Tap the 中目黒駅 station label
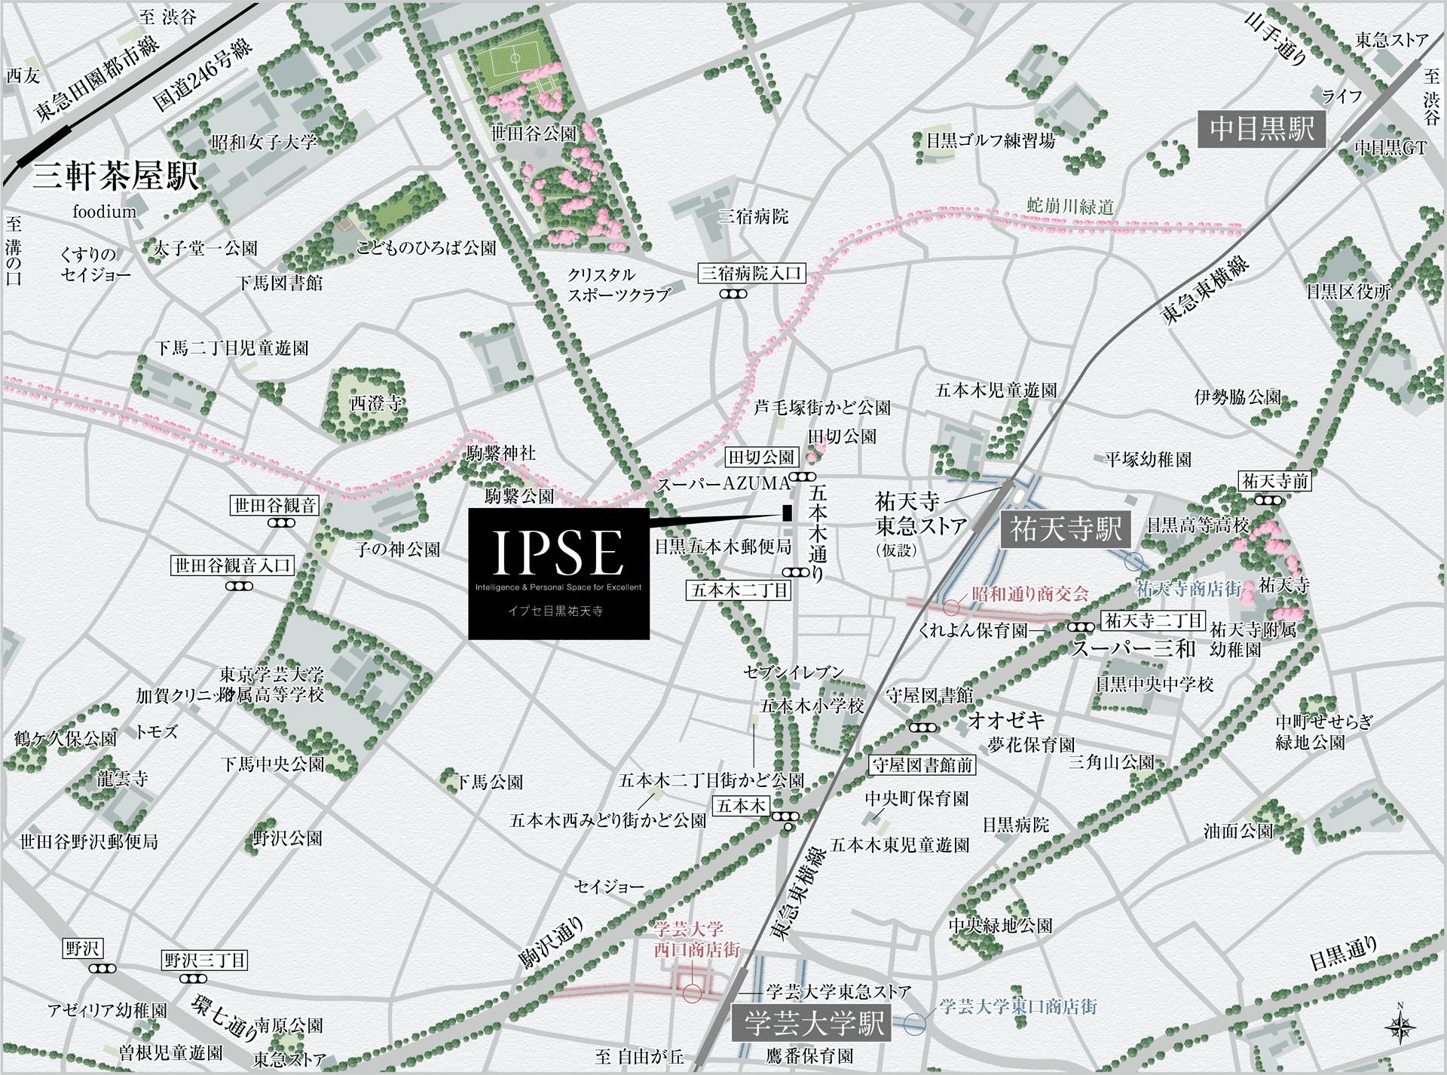click(1262, 129)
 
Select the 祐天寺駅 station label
click(1066, 529)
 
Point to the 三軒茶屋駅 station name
click(115, 176)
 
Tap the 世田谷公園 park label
click(534, 134)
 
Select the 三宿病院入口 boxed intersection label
click(751, 273)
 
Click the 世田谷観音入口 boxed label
click(232, 565)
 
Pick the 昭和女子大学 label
click(265, 142)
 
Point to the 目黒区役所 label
click(1348, 291)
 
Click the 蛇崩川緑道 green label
click(1070, 205)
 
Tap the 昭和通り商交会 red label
click(1029, 594)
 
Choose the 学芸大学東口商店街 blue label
click(1018, 1006)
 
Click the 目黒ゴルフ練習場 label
click(990, 141)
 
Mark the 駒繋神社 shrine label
click(500, 453)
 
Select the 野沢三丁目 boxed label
click(205, 960)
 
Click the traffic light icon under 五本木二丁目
click(796, 573)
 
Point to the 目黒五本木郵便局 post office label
click(723, 547)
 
